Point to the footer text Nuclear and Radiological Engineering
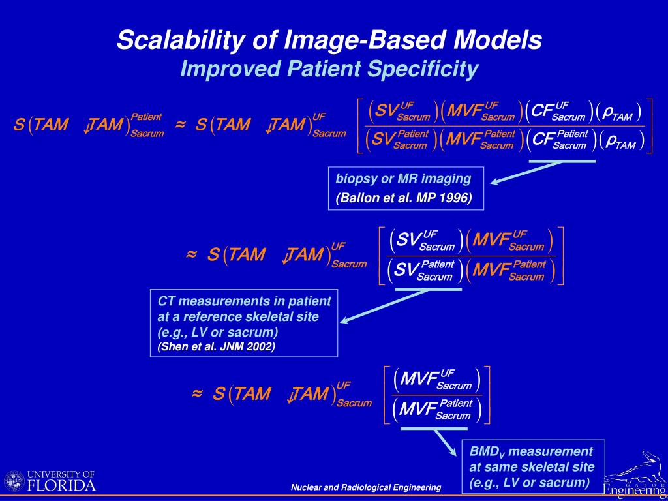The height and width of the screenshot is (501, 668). (x=366, y=487)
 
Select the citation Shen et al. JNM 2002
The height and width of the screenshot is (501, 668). (x=216, y=346)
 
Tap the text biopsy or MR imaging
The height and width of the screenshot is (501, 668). (x=403, y=179)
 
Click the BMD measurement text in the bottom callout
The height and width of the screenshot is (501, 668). (x=531, y=451)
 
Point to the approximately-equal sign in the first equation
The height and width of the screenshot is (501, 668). (x=181, y=124)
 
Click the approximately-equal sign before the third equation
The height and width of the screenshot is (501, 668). (x=196, y=393)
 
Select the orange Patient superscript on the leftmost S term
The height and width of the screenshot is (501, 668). (x=146, y=117)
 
